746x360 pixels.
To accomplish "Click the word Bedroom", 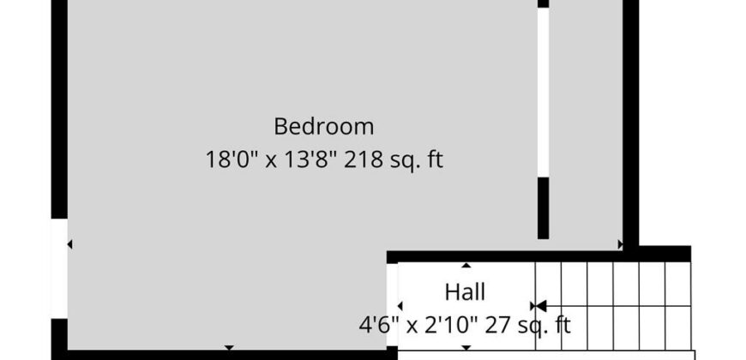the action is [x=323, y=127].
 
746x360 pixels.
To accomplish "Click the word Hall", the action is [x=465, y=292].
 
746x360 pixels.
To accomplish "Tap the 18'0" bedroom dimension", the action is [x=232, y=159].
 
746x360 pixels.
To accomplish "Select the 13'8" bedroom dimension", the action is [x=310, y=159].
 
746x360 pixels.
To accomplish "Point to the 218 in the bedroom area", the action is [x=364, y=159].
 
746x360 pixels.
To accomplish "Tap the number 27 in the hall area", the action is [x=496, y=326].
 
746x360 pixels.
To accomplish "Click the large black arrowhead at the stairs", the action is [x=541, y=306].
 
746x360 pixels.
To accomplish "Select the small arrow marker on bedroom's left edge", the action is [x=69, y=244].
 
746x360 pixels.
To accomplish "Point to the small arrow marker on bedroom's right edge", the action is [x=621, y=244].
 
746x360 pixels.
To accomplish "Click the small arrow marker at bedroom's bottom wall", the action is [x=229, y=348].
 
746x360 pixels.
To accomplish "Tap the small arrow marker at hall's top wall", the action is [x=466, y=266].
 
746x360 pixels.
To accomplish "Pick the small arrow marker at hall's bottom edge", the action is [x=466, y=348].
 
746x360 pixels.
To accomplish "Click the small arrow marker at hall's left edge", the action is [x=400, y=306].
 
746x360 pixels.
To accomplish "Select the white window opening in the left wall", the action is [x=59, y=268].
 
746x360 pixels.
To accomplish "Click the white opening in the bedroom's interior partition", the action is [x=544, y=93].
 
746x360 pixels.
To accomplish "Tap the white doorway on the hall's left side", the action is [x=392, y=305].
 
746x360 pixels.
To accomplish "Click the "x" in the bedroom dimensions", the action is [x=271, y=162].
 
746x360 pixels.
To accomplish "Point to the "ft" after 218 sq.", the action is [x=435, y=159].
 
